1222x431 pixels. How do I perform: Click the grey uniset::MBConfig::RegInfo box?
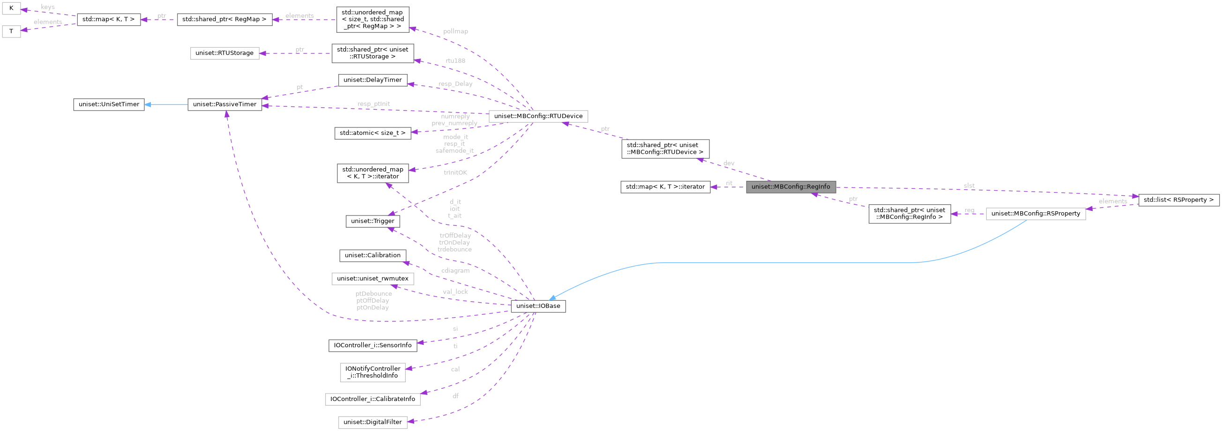790,187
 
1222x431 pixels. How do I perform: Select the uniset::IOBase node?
538,306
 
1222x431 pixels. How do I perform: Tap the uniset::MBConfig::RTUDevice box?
538,116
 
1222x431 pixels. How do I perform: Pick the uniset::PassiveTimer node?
224,104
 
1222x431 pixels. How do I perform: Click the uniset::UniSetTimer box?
109,104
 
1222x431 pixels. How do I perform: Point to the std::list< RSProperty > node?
1178,200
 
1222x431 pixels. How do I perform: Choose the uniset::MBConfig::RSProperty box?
1036,214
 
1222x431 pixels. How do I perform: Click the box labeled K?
11,8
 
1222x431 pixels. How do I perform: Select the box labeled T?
11,32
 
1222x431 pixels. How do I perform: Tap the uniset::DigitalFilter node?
373,422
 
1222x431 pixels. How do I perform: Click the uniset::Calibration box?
373,256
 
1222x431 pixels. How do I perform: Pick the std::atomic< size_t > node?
373,133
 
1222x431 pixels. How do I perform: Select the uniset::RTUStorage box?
224,53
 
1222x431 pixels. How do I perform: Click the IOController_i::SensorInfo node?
373,345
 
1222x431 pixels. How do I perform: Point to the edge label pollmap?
455,31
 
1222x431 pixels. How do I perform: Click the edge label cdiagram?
455,271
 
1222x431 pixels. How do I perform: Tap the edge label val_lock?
455,292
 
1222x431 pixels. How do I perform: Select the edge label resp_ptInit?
373,104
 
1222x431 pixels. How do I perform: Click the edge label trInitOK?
455,172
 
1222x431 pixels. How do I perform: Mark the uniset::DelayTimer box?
373,80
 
